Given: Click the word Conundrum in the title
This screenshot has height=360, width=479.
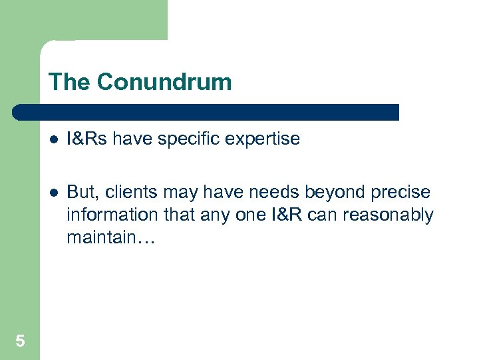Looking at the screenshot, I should coord(164,82).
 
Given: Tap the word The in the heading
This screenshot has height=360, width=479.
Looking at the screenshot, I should coord(70,82).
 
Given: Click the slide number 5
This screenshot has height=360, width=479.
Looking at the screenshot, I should coord(20,341).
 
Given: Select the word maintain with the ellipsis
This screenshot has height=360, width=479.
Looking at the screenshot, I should coord(110,238).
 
